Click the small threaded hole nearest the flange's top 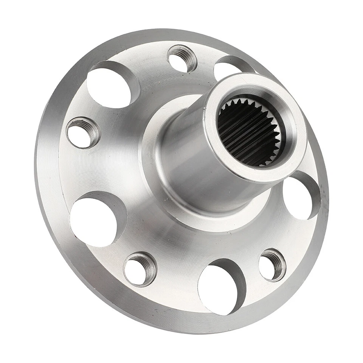click(x=182, y=59)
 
